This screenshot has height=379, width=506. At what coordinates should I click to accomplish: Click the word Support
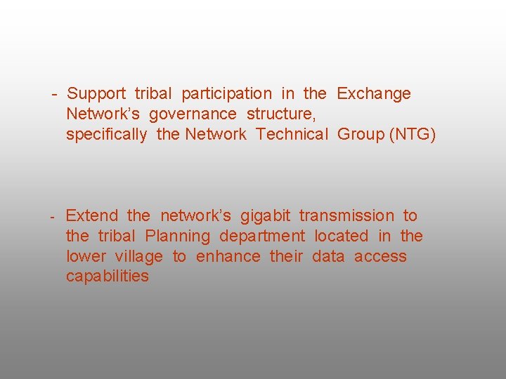point(96,94)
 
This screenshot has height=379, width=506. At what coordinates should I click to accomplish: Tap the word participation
point(226,94)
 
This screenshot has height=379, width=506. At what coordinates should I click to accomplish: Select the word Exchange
point(374,94)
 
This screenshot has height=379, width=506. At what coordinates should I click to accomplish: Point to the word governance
point(193,114)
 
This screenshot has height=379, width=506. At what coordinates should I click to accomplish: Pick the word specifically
point(107,135)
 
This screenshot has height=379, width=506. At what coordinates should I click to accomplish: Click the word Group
point(361,135)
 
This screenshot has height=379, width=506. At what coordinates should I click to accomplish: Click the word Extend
point(91,216)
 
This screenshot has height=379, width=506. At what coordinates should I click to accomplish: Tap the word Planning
point(177,237)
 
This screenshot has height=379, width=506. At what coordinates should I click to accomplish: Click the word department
point(262,237)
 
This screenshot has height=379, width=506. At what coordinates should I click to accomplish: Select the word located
point(341,237)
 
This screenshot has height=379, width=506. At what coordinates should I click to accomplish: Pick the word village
point(138,257)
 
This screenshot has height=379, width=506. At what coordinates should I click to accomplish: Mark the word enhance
point(228,257)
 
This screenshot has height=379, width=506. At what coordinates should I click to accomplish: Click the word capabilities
point(108,277)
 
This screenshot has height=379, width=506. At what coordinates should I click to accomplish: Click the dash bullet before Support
point(53,94)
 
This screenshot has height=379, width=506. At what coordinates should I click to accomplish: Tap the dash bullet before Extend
point(53,216)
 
